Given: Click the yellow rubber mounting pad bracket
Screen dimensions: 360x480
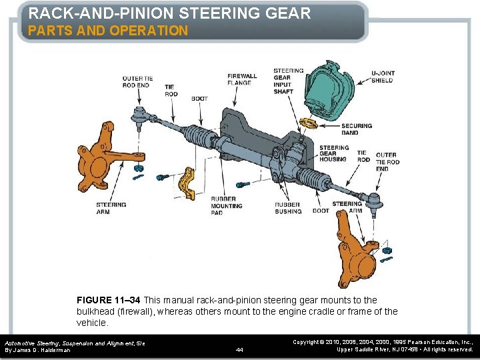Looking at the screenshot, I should pos(188,183).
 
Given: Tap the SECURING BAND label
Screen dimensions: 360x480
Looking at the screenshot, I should pos(357,129).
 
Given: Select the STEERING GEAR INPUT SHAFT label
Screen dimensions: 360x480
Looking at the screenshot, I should pos(288,81).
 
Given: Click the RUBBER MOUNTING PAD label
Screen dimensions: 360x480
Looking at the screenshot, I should pos(227,205).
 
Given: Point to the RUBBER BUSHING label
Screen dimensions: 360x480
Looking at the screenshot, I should pos(289,208).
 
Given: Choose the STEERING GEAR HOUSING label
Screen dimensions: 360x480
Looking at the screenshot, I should pos(333,153).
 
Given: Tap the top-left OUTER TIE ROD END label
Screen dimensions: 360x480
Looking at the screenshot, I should pos(137,82).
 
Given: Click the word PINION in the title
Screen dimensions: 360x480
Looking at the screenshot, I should pos(161,13).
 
